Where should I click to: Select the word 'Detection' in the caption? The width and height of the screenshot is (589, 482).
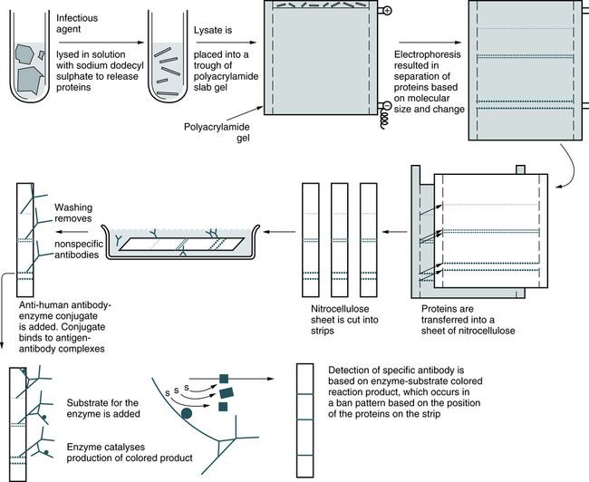[x=353, y=370]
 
